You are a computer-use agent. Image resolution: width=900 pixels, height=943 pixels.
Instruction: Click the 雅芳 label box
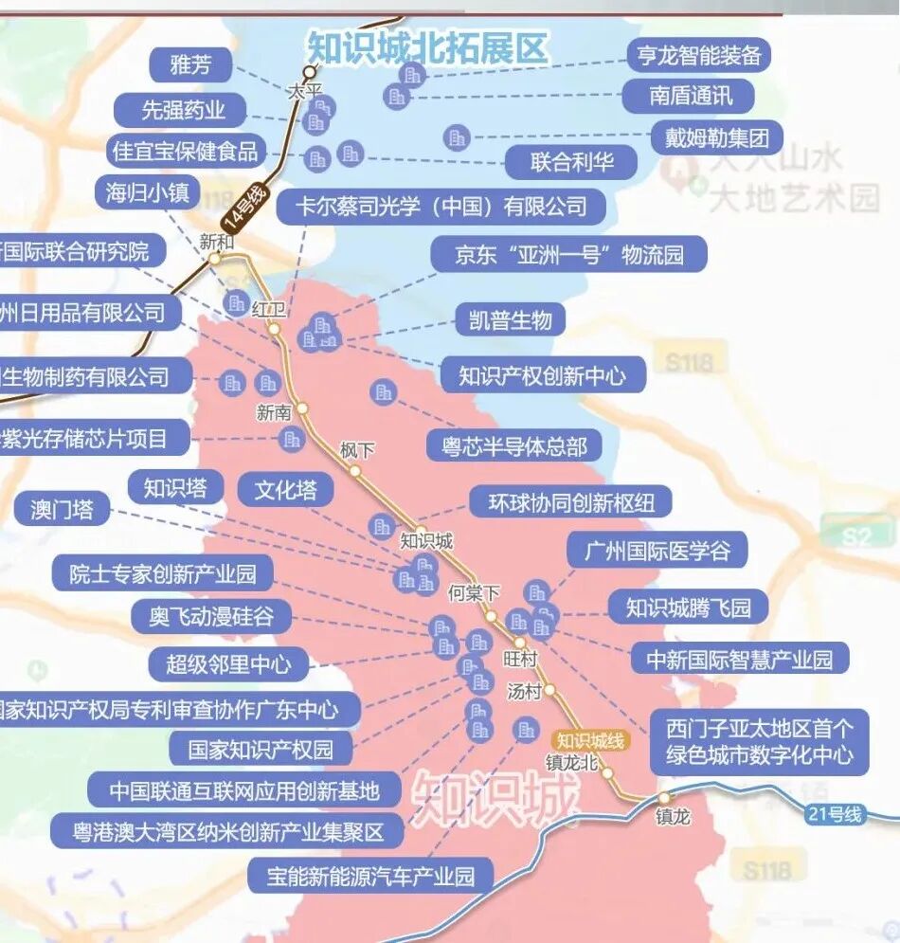(x=190, y=65)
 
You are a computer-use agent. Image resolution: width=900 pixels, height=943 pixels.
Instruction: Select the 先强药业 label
(x=184, y=110)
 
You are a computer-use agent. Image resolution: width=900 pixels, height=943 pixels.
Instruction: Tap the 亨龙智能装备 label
(x=699, y=55)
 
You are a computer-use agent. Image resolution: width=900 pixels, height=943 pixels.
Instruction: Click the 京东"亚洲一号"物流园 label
(x=568, y=254)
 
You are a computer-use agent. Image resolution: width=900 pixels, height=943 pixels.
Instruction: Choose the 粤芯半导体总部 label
(x=514, y=445)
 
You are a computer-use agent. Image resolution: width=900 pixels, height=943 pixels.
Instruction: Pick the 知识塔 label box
(x=175, y=488)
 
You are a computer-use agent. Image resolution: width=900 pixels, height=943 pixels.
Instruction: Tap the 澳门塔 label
(x=63, y=509)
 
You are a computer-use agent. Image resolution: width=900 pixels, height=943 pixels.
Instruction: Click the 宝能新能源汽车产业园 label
(x=371, y=875)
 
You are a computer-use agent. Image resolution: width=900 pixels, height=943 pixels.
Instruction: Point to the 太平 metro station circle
(x=309, y=72)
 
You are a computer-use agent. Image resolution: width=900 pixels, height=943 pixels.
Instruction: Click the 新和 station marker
(x=215, y=258)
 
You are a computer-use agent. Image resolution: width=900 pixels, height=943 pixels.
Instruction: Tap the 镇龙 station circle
(x=664, y=798)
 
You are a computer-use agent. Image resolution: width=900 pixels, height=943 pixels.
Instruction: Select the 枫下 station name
(x=357, y=451)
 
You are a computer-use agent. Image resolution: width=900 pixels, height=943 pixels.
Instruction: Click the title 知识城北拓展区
(x=427, y=47)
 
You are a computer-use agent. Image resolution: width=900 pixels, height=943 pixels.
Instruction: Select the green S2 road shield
(x=856, y=536)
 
